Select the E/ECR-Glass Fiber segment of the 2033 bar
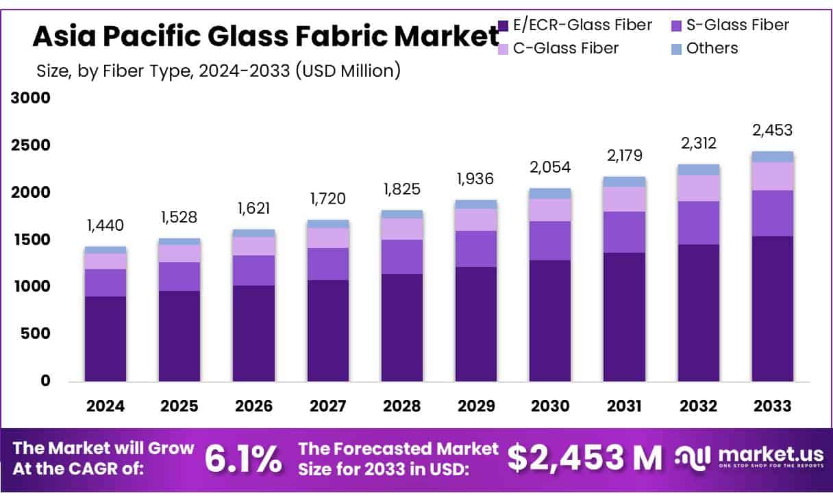point(772,308)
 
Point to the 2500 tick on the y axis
point(32,145)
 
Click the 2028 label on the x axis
point(401,405)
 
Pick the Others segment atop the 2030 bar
point(550,193)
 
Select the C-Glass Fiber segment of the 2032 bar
point(698,188)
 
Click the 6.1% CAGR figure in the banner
point(243,459)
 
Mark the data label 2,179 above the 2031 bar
point(624,155)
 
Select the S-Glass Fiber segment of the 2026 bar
point(253,270)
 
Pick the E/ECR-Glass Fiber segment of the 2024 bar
point(105,339)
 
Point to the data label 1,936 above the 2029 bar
point(476,179)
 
